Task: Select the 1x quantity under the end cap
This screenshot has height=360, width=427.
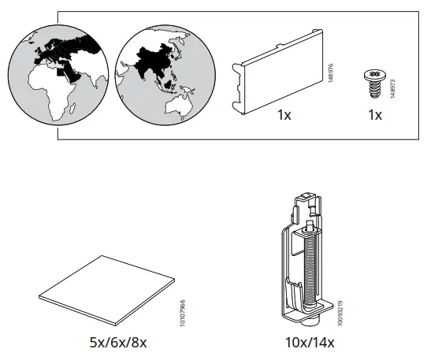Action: [x=284, y=115]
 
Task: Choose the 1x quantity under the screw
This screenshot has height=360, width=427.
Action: [x=374, y=115]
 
